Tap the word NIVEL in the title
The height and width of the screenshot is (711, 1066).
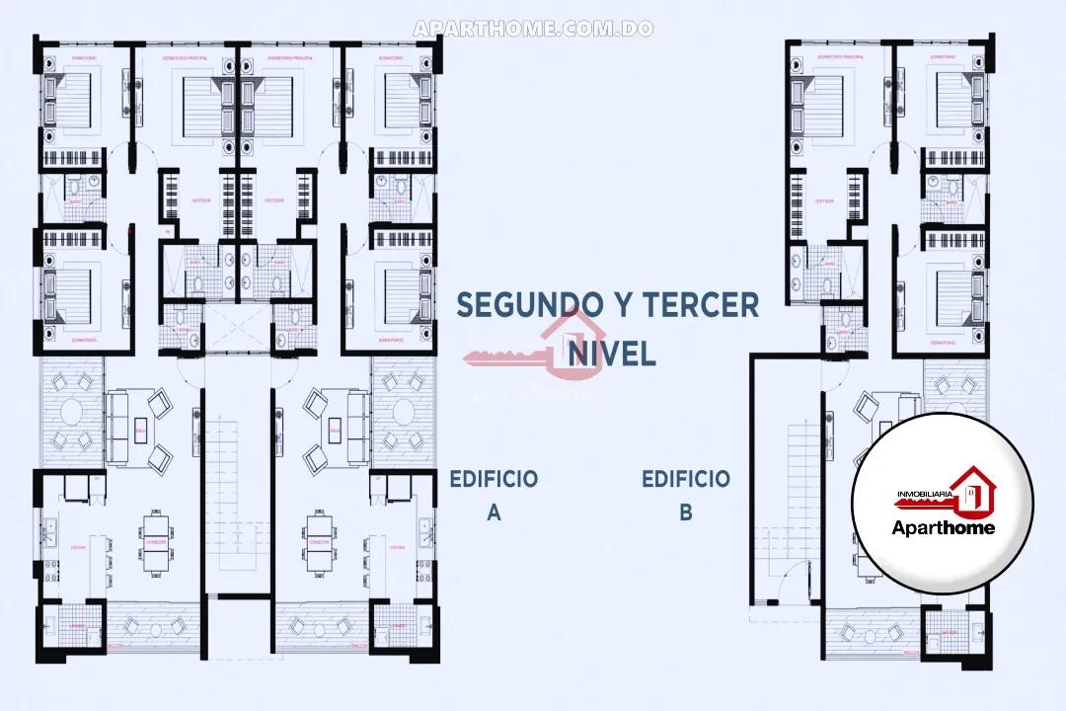coord(611,353)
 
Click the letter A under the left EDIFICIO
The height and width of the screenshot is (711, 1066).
coord(495,513)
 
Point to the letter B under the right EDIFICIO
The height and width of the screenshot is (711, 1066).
coord(686,513)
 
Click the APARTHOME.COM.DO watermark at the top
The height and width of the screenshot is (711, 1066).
coord(533,29)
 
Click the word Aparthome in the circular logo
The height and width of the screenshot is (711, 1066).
coord(943,527)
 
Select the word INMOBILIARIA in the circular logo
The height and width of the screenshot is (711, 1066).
coord(923,492)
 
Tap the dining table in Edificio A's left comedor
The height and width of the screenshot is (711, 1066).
coord(155,542)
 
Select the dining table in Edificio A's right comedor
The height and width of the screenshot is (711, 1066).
coord(318,542)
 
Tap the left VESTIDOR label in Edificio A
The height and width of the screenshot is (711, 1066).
coord(199,199)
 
